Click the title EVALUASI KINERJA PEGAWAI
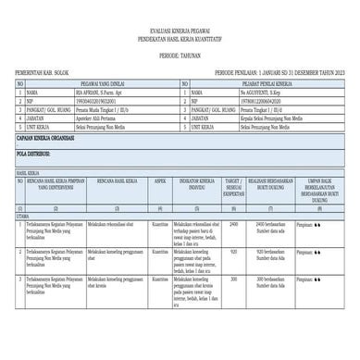tap(180, 31)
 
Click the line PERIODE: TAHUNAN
tap(180, 54)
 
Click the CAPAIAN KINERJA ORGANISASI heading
tap(43, 135)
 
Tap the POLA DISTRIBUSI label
tap(31, 151)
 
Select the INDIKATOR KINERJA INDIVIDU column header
tap(196, 186)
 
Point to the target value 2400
tap(233, 224)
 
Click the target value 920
tap(233, 251)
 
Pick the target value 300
tap(233, 278)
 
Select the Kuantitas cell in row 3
tap(160, 278)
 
